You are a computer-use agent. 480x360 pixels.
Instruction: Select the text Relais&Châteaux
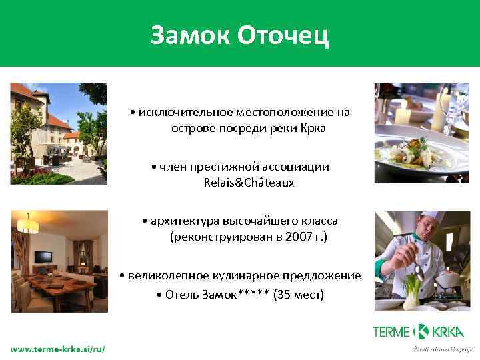tap(248, 182)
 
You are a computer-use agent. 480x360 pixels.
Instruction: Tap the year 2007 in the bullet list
tap(293, 236)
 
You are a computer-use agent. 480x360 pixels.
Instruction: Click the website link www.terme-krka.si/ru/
tap(57, 349)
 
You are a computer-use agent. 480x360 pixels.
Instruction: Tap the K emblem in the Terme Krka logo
tap(421, 331)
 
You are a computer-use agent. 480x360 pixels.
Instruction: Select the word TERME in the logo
tap(392, 331)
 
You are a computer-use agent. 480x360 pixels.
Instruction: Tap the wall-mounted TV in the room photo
tap(43, 257)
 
